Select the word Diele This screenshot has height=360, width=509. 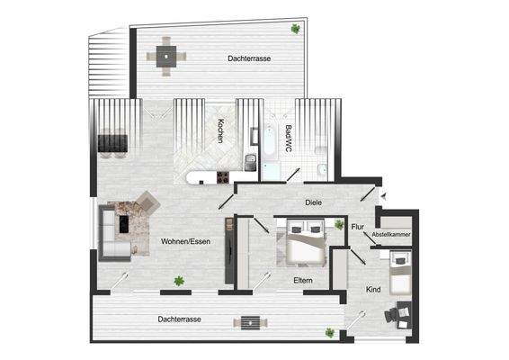click(x=314, y=203)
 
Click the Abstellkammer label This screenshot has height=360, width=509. click(x=392, y=234)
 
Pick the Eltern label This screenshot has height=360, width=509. click(x=302, y=281)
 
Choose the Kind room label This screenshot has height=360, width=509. click(x=374, y=290)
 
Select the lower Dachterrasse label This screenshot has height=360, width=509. click(x=179, y=319)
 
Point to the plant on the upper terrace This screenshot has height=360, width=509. click(x=295, y=29)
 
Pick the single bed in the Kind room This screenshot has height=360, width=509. click(x=399, y=267)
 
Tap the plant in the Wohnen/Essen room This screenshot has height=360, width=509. click(x=179, y=281)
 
